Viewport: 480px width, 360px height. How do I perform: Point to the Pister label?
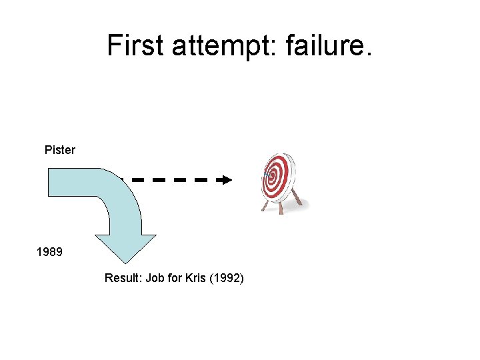[x=60, y=150]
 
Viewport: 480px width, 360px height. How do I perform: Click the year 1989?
[x=49, y=253]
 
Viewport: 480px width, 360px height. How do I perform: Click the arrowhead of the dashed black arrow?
[x=227, y=180]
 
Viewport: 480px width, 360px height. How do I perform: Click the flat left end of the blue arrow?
[x=49, y=182]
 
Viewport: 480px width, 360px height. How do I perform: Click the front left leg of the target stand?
[x=265, y=206]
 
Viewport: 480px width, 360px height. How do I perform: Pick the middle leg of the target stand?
[x=281, y=207]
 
